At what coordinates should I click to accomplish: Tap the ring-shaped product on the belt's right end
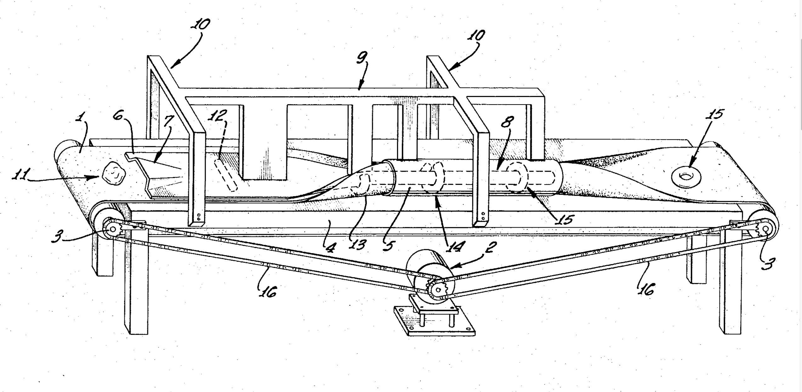point(686,177)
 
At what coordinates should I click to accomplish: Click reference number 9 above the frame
point(362,58)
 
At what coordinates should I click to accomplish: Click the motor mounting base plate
point(435,324)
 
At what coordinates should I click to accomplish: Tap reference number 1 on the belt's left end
point(81,118)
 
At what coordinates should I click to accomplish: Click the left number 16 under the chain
point(268,292)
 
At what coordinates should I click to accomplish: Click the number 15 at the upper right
point(714,114)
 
